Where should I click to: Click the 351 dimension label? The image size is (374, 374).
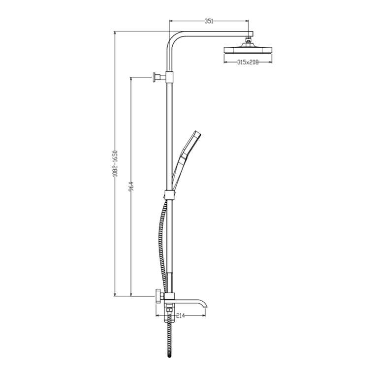[209, 21]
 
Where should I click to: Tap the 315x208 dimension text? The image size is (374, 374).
[248, 62]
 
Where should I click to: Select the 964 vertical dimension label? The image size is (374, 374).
[131, 187]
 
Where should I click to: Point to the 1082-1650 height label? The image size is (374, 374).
[115, 163]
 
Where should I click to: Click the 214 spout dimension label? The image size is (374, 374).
[181, 315]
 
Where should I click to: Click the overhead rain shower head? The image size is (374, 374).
[248, 49]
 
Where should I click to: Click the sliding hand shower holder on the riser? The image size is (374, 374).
[169, 194]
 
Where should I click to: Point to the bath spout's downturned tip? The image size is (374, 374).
[205, 306]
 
